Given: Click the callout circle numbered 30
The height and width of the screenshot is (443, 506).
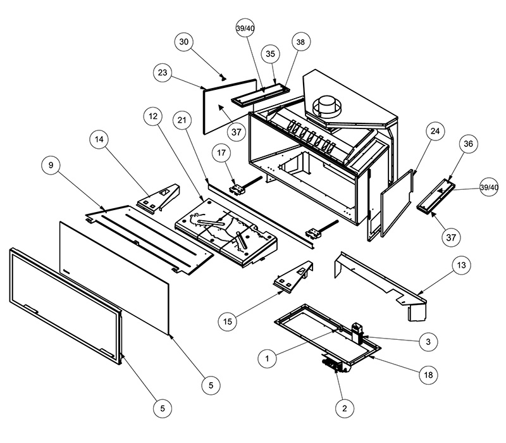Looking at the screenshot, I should pyautogui.click(x=184, y=42).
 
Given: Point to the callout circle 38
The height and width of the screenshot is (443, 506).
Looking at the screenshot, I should pyautogui.click(x=300, y=42).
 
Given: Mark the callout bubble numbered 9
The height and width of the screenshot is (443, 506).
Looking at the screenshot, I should pyautogui.click(x=50, y=166).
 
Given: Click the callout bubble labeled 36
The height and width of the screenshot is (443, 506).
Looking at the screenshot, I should pyautogui.click(x=468, y=145).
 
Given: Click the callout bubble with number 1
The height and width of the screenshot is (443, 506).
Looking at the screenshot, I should pyautogui.click(x=268, y=359).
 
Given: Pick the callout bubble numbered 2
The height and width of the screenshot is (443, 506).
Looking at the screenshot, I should pyautogui.click(x=344, y=409).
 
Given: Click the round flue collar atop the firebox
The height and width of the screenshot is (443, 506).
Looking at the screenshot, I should pyautogui.click(x=328, y=104).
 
